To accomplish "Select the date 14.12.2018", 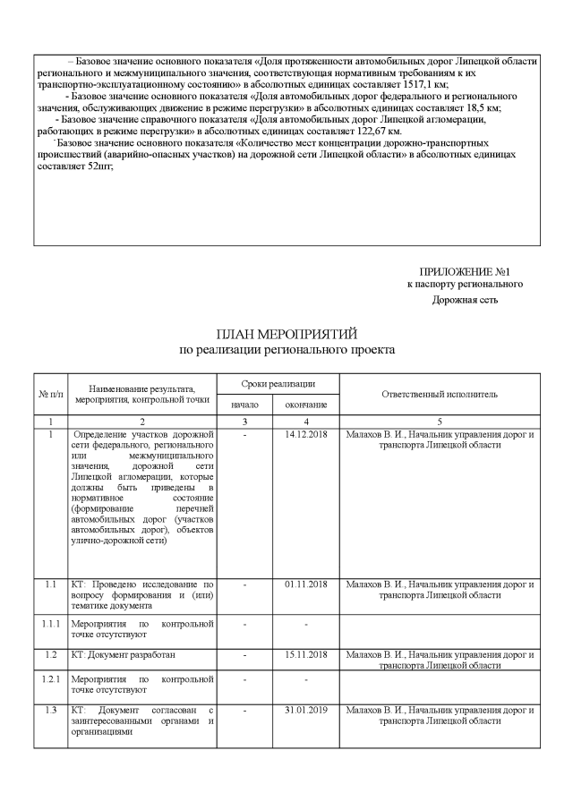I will tap(306, 435).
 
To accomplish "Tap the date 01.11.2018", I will tap(306, 584).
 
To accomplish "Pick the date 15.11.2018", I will tap(306, 655).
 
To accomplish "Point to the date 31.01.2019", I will tap(306, 710).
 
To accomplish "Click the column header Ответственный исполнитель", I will tap(439, 394).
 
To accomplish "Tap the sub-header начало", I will tap(244, 405).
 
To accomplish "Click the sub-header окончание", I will tap(306, 405).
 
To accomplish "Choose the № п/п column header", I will tap(50, 395).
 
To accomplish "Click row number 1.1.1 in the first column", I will tap(50, 622).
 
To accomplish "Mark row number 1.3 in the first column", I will tap(50, 710).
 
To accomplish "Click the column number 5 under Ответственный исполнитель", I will tap(439, 421).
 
